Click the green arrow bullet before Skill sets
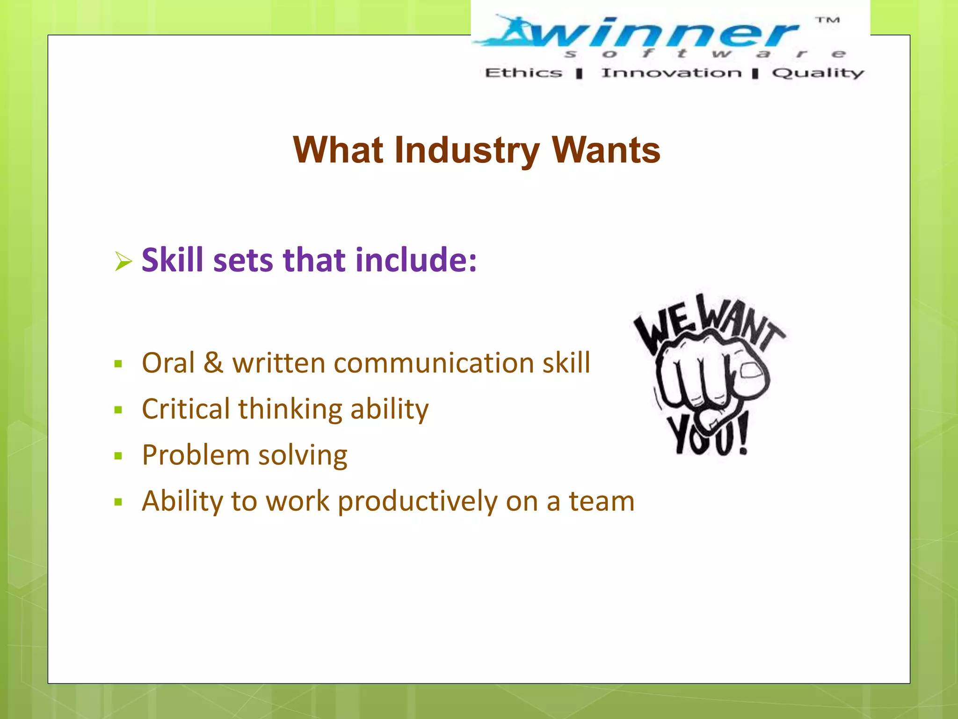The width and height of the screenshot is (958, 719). click(x=123, y=261)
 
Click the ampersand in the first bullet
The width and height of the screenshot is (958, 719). click(x=213, y=363)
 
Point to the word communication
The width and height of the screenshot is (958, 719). click(x=434, y=363)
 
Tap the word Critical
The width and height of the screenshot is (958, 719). click(x=185, y=409)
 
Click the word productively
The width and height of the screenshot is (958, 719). click(x=417, y=501)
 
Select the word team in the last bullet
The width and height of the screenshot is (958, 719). click(x=602, y=501)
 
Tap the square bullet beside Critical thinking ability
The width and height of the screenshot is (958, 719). click(x=118, y=410)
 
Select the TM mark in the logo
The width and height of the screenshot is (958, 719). click(x=827, y=20)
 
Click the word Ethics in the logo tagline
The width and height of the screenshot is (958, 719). click(x=523, y=73)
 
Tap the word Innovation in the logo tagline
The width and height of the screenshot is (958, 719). click(x=671, y=73)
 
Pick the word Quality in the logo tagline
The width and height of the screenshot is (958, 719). click(x=818, y=73)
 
